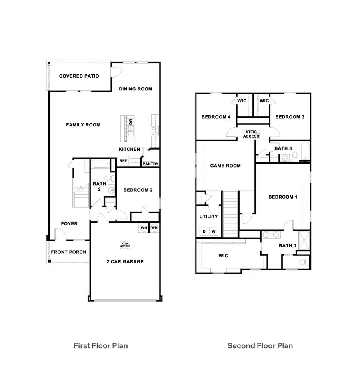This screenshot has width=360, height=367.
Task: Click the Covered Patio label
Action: tap(79, 76)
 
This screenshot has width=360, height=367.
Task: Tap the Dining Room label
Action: tap(136, 89)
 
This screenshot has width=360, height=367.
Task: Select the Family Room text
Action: tap(83, 125)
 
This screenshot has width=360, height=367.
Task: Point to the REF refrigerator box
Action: tap(123, 161)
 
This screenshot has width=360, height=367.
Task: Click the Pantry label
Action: tap(150, 164)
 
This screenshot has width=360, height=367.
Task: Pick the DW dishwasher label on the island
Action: tap(130, 121)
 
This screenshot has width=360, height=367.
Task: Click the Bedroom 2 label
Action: tap(138, 190)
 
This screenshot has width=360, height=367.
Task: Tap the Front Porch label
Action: tap(68, 252)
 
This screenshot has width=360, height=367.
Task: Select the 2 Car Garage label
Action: tap(125, 262)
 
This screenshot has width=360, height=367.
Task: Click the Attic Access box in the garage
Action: tap(125, 244)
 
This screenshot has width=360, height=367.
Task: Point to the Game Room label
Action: tap(226, 166)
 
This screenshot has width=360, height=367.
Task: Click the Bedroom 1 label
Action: tap(283, 197)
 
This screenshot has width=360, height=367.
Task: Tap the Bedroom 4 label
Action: tap(216, 117)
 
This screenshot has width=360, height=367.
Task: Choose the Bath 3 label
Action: tap(283, 149)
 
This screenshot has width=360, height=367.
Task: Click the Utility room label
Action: tap(209, 217)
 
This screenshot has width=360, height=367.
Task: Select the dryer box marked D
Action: tap(204, 231)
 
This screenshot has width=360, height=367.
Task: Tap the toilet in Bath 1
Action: tap(304, 262)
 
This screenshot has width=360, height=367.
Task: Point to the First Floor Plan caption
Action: tap(101, 345)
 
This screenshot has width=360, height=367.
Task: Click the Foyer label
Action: tap(69, 223)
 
